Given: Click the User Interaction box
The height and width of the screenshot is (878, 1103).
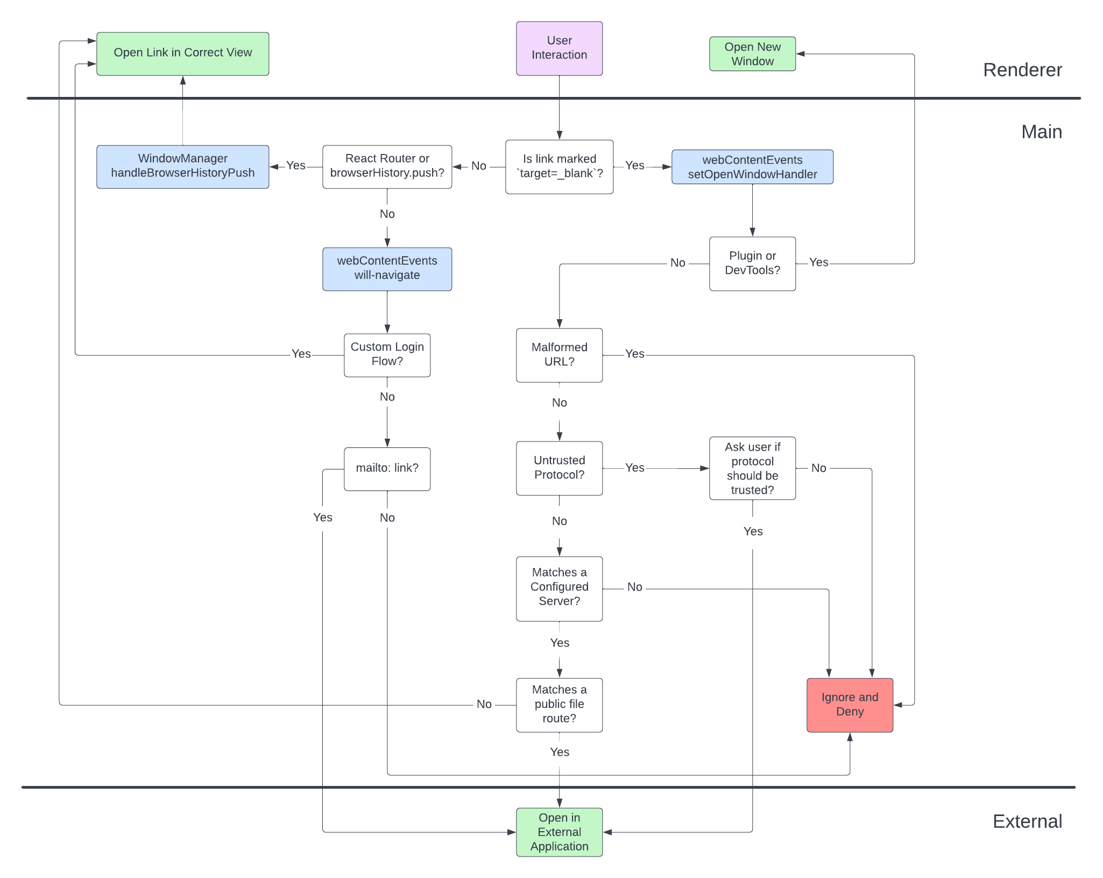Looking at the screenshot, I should [x=559, y=48].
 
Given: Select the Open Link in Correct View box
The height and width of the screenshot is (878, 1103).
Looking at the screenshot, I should [x=182, y=53].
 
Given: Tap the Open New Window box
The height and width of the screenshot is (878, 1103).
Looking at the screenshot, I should [x=752, y=54].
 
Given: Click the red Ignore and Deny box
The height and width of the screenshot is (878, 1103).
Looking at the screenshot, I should [x=850, y=705].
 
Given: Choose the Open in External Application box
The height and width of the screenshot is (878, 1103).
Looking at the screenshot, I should [x=559, y=832].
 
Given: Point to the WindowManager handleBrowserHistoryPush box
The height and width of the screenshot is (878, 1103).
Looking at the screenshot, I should [x=182, y=166].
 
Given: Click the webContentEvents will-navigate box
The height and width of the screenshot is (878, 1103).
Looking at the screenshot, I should [x=387, y=269].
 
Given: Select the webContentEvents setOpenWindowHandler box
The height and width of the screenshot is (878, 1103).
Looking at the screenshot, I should [x=752, y=167].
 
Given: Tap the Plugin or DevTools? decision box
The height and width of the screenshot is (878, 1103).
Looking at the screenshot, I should [x=752, y=263].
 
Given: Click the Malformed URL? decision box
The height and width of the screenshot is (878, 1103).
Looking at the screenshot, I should [x=559, y=355].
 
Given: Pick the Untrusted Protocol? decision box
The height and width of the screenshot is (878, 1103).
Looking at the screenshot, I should [x=559, y=468].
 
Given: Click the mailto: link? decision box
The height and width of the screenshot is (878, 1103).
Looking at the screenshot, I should [x=387, y=468].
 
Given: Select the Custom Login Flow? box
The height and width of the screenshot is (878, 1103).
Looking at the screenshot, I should [x=387, y=355].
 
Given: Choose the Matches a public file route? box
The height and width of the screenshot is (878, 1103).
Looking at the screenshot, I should [x=559, y=705].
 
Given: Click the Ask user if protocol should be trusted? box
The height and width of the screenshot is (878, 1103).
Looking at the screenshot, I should [x=752, y=468].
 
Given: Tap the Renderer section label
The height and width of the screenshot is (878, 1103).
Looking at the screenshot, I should [x=1022, y=70].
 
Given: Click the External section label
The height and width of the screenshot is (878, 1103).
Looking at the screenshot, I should [x=1027, y=821].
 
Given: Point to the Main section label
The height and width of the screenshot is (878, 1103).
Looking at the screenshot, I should [x=1041, y=132].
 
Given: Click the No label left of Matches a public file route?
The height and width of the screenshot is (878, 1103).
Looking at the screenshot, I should [x=484, y=705].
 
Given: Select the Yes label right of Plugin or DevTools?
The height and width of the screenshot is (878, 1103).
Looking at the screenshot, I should [x=818, y=263].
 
